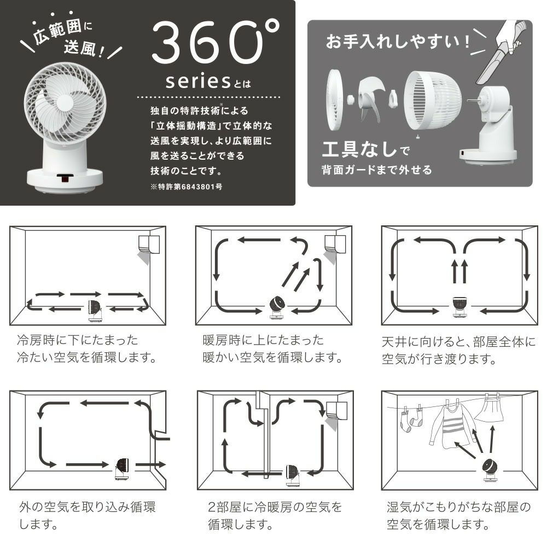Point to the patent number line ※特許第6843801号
click(x=185, y=186)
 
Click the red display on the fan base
click(x=66, y=178)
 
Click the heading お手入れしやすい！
click(x=398, y=42)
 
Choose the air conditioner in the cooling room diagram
click(x=148, y=243)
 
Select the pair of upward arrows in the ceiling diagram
click(x=458, y=271)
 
